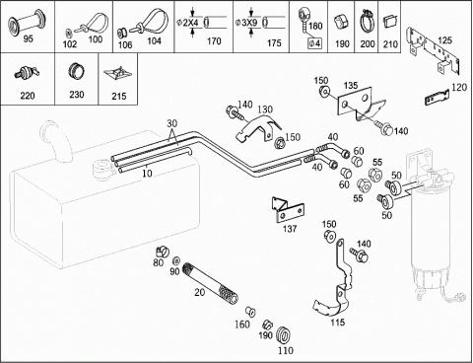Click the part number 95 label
(x=29, y=38)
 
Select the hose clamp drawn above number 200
(x=367, y=22)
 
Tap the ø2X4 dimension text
(x=187, y=23)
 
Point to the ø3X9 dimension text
(x=246, y=23)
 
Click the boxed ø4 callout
(x=314, y=43)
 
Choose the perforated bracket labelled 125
(x=433, y=51)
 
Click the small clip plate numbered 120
(x=437, y=98)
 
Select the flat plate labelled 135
(x=360, y=103)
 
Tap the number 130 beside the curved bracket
(x=265, y=109)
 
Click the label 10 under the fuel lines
(x=148, y=173)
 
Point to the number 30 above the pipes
(x=171, y=123)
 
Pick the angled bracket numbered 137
(x=287, y=210)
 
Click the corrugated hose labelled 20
(x=210, y=283)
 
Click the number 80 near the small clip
(x=159, y=262)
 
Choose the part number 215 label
(x=119, y=96)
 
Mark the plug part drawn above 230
(x=76, y=72)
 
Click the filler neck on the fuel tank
(x=53, y=141)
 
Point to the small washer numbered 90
(x=176, y=261)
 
